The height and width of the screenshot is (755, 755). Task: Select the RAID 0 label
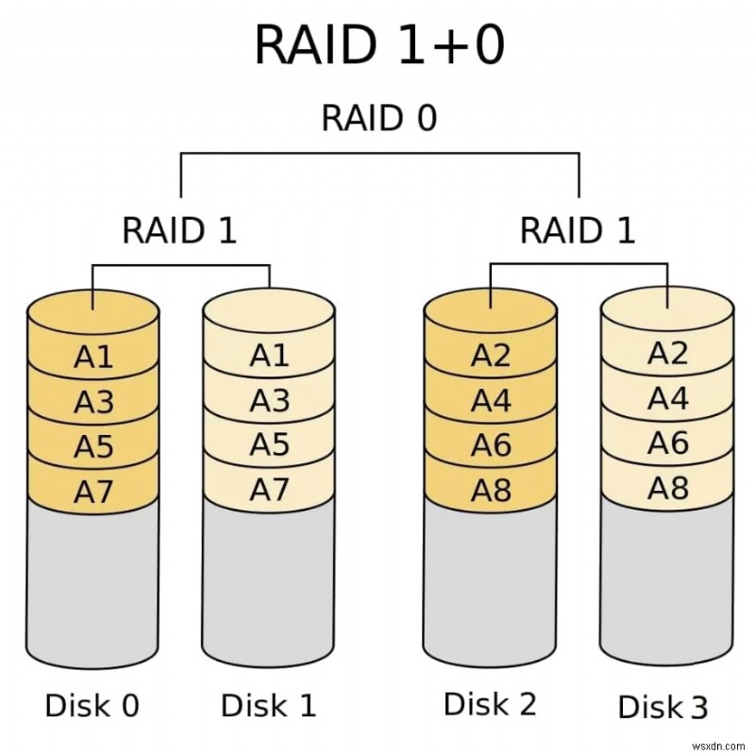point(378,119)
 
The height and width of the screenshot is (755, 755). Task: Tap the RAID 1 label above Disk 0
point(179,229)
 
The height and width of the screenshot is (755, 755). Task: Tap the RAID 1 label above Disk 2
point(578,229)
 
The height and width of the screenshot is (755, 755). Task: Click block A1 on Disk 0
point(93,358)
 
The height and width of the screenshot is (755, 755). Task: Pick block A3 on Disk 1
point(269,400)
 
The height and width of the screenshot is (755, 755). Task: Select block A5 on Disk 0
point(93,445)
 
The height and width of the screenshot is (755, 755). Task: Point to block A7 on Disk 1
point(269,489)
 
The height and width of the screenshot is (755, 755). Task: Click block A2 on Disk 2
point(491,356)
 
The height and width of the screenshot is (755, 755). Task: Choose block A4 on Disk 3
point(667,398)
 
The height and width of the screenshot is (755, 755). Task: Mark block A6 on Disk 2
point(491,445)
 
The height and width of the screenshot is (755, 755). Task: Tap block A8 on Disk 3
point(667,487)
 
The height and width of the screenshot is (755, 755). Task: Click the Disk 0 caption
point(92,705)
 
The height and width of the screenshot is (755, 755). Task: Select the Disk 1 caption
point(268,705)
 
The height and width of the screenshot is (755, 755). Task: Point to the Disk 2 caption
point(490,703)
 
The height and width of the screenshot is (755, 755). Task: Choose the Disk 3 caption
point(663,707)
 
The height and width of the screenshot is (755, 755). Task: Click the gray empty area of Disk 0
point(93,585)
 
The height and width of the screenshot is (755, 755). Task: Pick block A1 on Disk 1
point(269,356)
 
